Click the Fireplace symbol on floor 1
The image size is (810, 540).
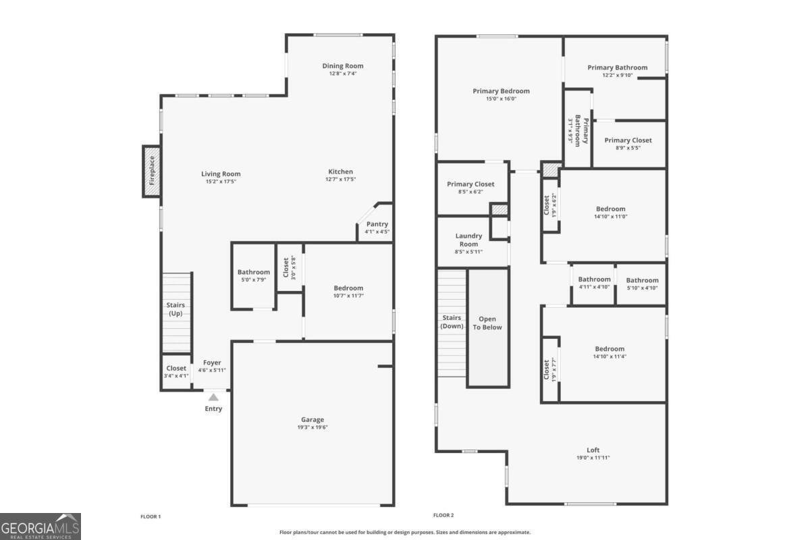click(151, 171)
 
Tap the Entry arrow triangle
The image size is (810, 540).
click(213, 398)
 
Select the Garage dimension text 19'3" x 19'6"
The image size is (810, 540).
click(313, 427)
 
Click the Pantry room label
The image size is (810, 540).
click(377, 224)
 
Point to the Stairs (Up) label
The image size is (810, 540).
click(175, 309)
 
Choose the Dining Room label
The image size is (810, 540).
click(343, 65)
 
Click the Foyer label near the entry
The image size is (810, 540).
click(212, 362)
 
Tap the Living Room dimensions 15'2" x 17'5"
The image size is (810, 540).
click(221, 182)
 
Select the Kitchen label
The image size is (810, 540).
click(340, 171)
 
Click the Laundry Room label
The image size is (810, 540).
click(468, 240)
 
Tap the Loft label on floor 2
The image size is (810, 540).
click(593, 450)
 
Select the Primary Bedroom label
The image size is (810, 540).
click(501, 90)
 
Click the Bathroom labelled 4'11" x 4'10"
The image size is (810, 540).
click(594, 279)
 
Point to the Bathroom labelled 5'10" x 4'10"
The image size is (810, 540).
click(641, 280)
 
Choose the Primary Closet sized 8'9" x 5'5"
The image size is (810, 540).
click(628, 140)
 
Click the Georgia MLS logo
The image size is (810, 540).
click(40, 526)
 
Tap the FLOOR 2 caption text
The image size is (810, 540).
click(444, 516)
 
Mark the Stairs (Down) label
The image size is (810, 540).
click(452, 322)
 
